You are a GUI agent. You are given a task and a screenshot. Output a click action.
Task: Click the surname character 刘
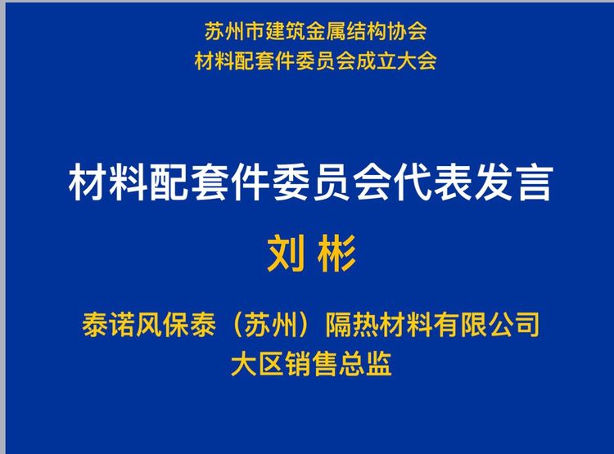286,254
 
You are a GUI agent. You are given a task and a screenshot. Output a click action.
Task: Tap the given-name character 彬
336,254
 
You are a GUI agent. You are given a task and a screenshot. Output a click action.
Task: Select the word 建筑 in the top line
285,31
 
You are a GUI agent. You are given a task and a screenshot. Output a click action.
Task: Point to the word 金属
325,31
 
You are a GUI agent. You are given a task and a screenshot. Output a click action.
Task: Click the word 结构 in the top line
366,31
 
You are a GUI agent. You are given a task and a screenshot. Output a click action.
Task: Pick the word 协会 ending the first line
406,31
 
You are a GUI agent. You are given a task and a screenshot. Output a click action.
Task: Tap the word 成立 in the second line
376,61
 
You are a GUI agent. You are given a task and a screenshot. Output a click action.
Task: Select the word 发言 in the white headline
513,182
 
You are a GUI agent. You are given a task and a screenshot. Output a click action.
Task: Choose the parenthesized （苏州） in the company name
271,325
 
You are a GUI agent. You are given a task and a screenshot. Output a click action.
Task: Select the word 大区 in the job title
257,364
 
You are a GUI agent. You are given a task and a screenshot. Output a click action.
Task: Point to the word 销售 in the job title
311,364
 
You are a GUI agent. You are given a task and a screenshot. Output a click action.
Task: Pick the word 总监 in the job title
365,364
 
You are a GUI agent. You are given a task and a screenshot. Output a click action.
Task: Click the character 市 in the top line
255,31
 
